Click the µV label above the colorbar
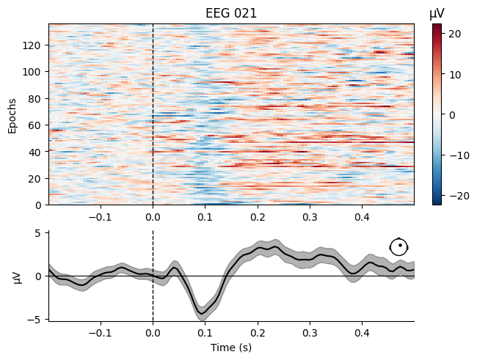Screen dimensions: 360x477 click(437, 12)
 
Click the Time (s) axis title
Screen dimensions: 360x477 click(231, 348)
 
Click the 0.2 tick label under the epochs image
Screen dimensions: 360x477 click(258, 217)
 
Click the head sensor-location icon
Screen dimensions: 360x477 click(398, 247)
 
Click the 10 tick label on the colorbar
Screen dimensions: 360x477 click(451, 75)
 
